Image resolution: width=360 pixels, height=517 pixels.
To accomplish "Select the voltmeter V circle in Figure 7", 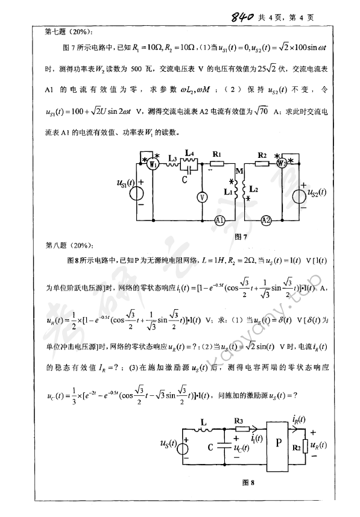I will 203,197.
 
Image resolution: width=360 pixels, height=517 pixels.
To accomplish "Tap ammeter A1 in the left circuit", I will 219,221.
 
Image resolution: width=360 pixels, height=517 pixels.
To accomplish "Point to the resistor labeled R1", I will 216,164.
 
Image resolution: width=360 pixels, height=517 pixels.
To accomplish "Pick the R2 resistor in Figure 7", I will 261,164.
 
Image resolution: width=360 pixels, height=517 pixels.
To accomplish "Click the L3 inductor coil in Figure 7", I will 173,164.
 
